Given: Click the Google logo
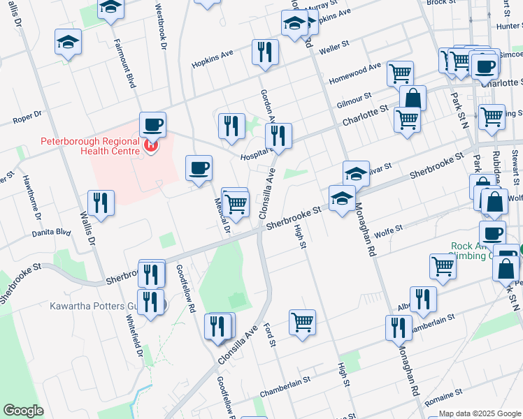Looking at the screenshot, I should [x=24, y=411].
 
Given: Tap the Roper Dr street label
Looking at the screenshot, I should [x=27, y=117].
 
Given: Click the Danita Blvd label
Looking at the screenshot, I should [x=52, y=231].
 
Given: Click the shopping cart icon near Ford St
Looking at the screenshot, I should [x=302, y=322].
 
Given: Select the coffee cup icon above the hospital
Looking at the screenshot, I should [x=152, y=125].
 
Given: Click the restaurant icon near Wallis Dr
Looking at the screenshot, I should [x=101, y=203].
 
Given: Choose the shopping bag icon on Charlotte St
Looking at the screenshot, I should [x=413, y=98].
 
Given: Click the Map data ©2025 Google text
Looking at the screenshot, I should [x=479, y=413].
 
